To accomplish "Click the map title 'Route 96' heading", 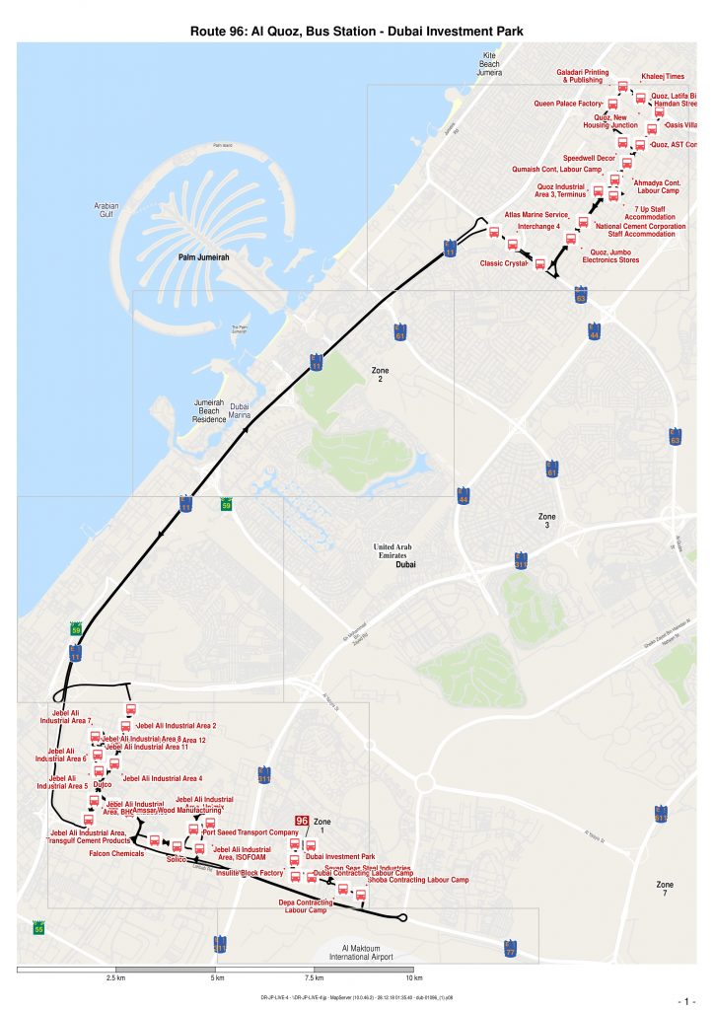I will coord(356,32).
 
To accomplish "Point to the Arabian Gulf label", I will coord(107,210).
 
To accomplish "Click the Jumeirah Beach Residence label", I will coord(209,411).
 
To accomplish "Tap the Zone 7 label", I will coord(666,889).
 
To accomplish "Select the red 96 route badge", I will coord(302,821).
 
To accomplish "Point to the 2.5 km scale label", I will coord(114,978).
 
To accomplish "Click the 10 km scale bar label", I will coord(413,978).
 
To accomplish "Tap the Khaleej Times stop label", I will coord(662,76).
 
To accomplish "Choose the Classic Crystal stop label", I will coord(503,263).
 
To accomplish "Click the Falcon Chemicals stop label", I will coord(116,853).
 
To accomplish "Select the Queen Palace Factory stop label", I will coord(568,103).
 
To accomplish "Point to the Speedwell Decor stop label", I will coord(589,158).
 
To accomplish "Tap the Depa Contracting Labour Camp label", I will coord(306,905).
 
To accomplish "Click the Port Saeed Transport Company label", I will coord(256,832).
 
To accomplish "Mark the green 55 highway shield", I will coord(38,929).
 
